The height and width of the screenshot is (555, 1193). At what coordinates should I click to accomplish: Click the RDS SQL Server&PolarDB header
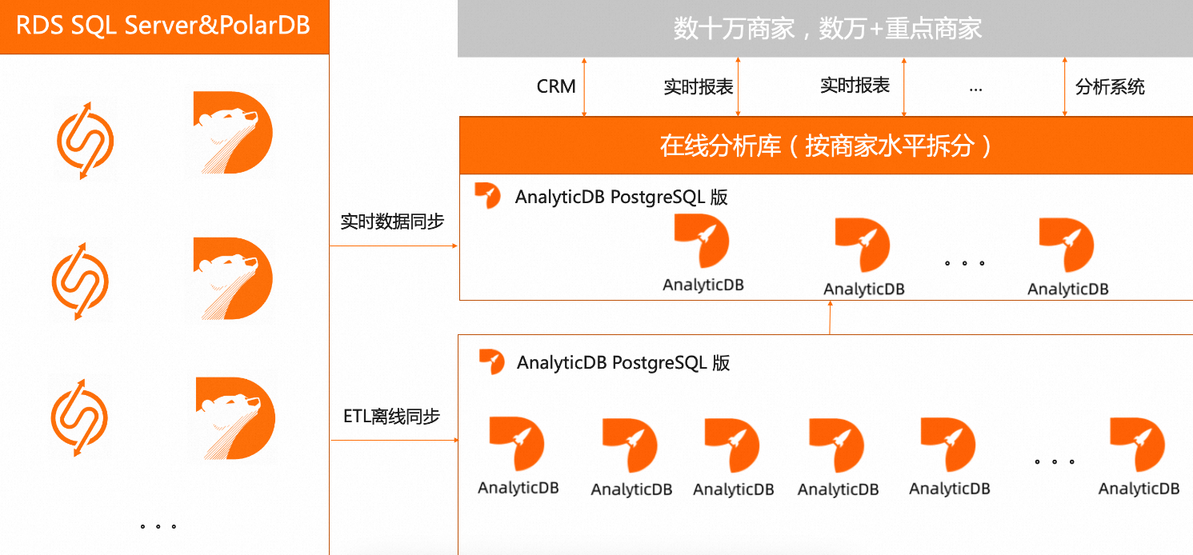[x=164, y=26]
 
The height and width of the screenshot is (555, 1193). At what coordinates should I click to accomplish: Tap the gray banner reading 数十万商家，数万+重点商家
[x=825, y=29]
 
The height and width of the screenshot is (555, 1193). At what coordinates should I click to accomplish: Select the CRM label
[x=556, y=86]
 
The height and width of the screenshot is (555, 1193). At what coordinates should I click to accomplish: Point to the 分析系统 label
[x=1110, y=87]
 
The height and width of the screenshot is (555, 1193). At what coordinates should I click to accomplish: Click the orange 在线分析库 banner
[x=825, y=146]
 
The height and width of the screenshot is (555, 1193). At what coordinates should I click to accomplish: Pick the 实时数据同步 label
[x=392, y=222]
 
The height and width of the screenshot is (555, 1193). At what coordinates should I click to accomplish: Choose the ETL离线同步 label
[x=392, y=416]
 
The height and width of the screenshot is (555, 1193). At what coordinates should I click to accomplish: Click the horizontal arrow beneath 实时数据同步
[x=394, y=246]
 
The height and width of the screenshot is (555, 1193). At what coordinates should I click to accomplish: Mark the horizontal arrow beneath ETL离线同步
[x=394, y=440]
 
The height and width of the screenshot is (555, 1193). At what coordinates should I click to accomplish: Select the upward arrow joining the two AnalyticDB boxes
[x=830, y=317]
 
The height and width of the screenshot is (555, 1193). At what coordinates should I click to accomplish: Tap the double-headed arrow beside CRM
[x=585, y=87]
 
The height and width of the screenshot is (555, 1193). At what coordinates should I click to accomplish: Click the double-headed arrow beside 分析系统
[x=1065, y=87]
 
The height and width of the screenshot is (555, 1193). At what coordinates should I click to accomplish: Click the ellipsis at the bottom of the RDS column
[x=158, y=526]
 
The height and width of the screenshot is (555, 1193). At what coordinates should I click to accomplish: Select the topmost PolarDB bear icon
[x=233, y=134]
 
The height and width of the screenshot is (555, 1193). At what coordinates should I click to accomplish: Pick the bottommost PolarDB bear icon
[x=235, y=419]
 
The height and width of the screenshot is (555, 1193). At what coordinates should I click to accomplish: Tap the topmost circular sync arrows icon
[x=85, y=141]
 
